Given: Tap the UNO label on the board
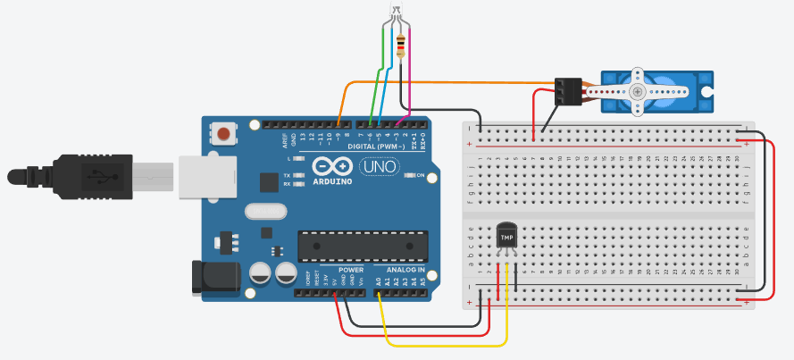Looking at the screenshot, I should (379, 166).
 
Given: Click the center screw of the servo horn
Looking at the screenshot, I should (637, 91).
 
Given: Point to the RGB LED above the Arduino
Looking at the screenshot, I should (396, 15).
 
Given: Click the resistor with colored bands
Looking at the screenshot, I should (400, 45).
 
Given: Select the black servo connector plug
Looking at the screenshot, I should (566, 90).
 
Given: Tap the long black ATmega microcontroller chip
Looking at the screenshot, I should (363, 244).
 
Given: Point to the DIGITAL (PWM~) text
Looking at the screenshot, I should (376, 146).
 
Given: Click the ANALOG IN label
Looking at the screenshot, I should (405, 270).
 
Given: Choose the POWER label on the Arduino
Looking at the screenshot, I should (351, 270).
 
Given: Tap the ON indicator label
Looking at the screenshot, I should (419, 175).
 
